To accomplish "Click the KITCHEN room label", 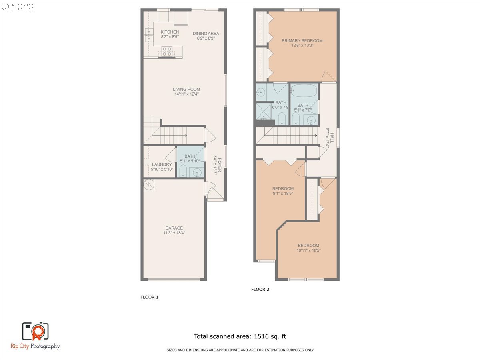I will [170, 32].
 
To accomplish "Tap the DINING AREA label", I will [206, 34].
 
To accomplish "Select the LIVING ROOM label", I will [186, 89].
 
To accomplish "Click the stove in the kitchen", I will [167, 51].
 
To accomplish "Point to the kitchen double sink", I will [148, 35].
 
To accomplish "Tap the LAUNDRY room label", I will [162, 164].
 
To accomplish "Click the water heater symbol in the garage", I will [148, 184].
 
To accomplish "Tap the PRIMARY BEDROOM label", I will [302, 40].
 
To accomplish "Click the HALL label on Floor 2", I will [332, 132].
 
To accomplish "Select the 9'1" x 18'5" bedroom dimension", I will [283, 194].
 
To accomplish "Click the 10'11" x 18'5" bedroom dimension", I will [308, 250].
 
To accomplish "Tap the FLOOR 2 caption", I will [260, 290].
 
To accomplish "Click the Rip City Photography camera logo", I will [35, 332].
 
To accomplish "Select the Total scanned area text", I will [240, 336].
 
